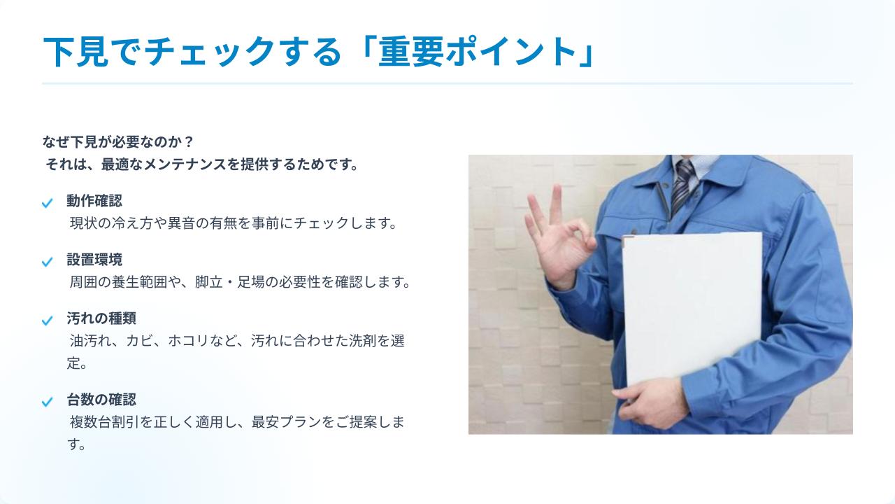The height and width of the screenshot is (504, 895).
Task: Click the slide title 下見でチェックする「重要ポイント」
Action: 319,52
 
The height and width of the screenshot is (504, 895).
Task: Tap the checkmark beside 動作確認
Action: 47,203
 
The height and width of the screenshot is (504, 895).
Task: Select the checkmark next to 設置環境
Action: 47,262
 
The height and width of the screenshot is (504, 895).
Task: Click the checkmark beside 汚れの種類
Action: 47,321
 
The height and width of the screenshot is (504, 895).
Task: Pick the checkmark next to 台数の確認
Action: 47,402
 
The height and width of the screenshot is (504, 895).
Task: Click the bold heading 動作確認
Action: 94,201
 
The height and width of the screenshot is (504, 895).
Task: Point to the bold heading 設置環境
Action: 94,260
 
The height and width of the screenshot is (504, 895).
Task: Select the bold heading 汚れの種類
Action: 101,318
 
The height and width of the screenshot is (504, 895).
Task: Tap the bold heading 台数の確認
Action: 101,399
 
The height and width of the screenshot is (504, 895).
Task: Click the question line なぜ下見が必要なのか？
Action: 118,141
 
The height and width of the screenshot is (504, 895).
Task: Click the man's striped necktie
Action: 682,185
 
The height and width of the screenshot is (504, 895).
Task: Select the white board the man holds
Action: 693,309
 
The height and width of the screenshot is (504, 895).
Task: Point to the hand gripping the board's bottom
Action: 650,402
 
